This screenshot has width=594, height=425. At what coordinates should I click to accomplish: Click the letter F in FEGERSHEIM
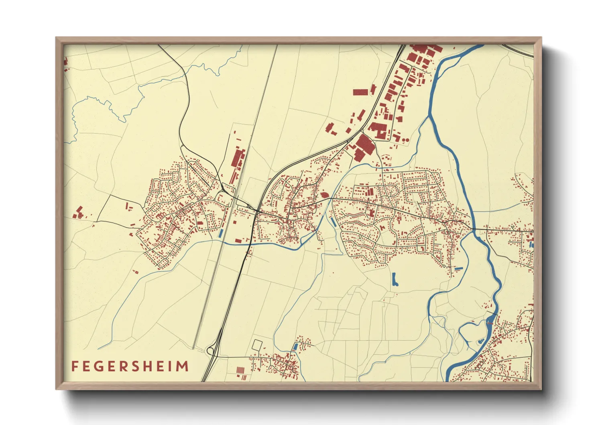click(x=74, y=366)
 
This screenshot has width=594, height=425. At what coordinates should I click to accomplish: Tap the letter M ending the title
click(x=183, y=366)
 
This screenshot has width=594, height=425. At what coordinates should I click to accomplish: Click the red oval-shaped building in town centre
click(x=325, y=195)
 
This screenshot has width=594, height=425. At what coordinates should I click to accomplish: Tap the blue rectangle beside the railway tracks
click(x=220, y=233)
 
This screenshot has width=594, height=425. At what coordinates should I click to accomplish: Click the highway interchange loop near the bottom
click(x=210, y=351)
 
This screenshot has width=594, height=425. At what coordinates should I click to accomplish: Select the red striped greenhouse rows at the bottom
click(x=240, y=370)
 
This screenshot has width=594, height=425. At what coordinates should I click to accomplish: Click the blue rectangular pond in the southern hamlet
click(x=296, y=346)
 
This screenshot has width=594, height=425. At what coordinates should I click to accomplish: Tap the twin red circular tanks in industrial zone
click(x=406, y=139)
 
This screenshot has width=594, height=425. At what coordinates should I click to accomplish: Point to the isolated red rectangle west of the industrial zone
click(x=360, y=92)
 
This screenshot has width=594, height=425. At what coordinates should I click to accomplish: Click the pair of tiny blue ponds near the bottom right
click(x=480, y=341)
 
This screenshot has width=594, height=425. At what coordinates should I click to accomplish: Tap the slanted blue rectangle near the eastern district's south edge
click(x=458, y=268)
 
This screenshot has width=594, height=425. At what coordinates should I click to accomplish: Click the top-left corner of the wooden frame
click(x=56, y=38)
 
